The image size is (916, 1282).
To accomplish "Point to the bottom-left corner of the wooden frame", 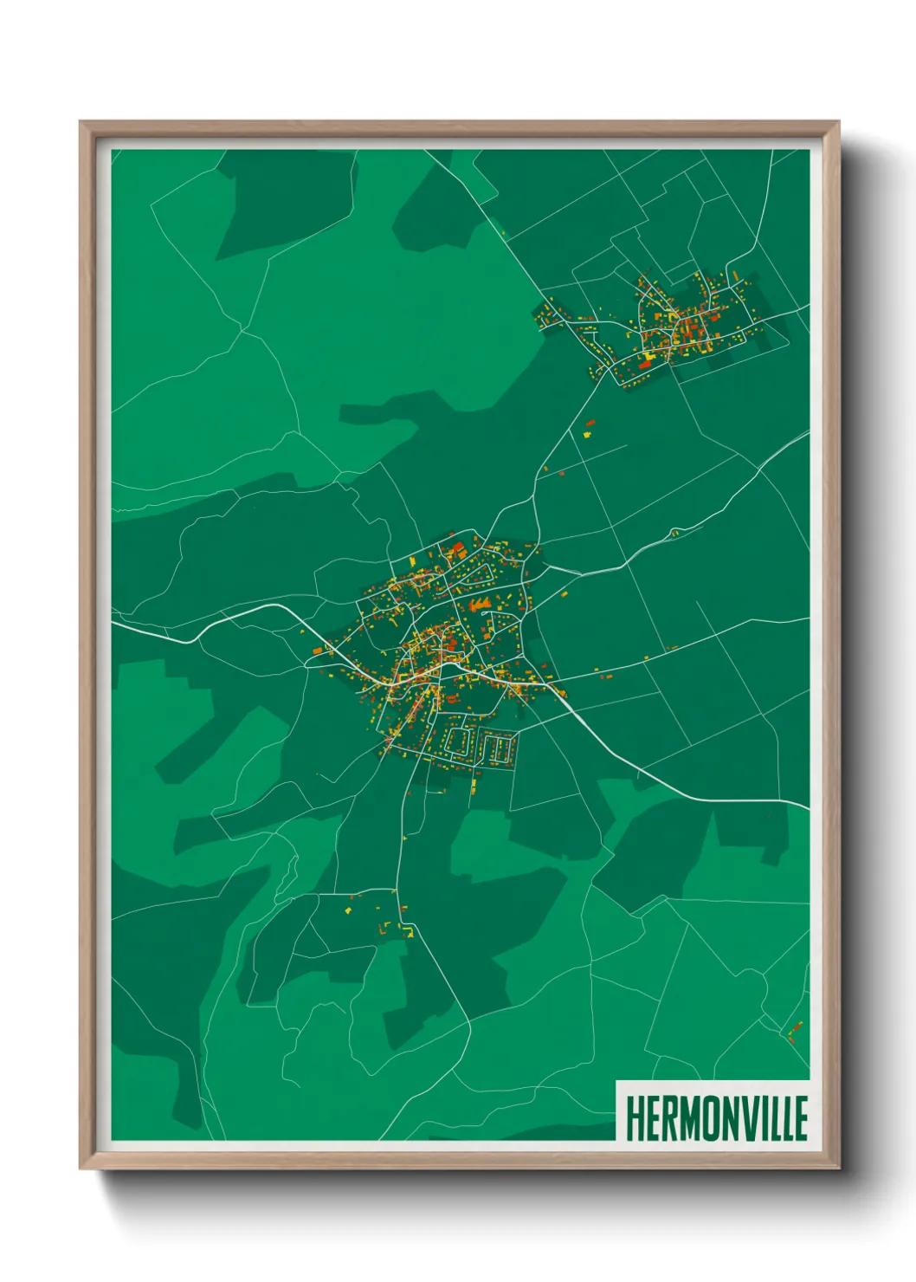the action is click(81, 1167).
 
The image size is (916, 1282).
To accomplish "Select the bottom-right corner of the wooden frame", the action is click(837, 1167).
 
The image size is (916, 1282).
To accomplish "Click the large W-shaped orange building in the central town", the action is click(478, 604).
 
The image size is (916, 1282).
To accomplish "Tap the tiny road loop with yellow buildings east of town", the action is click(674, 531).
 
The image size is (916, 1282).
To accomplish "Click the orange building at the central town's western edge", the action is click(318, 650).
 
